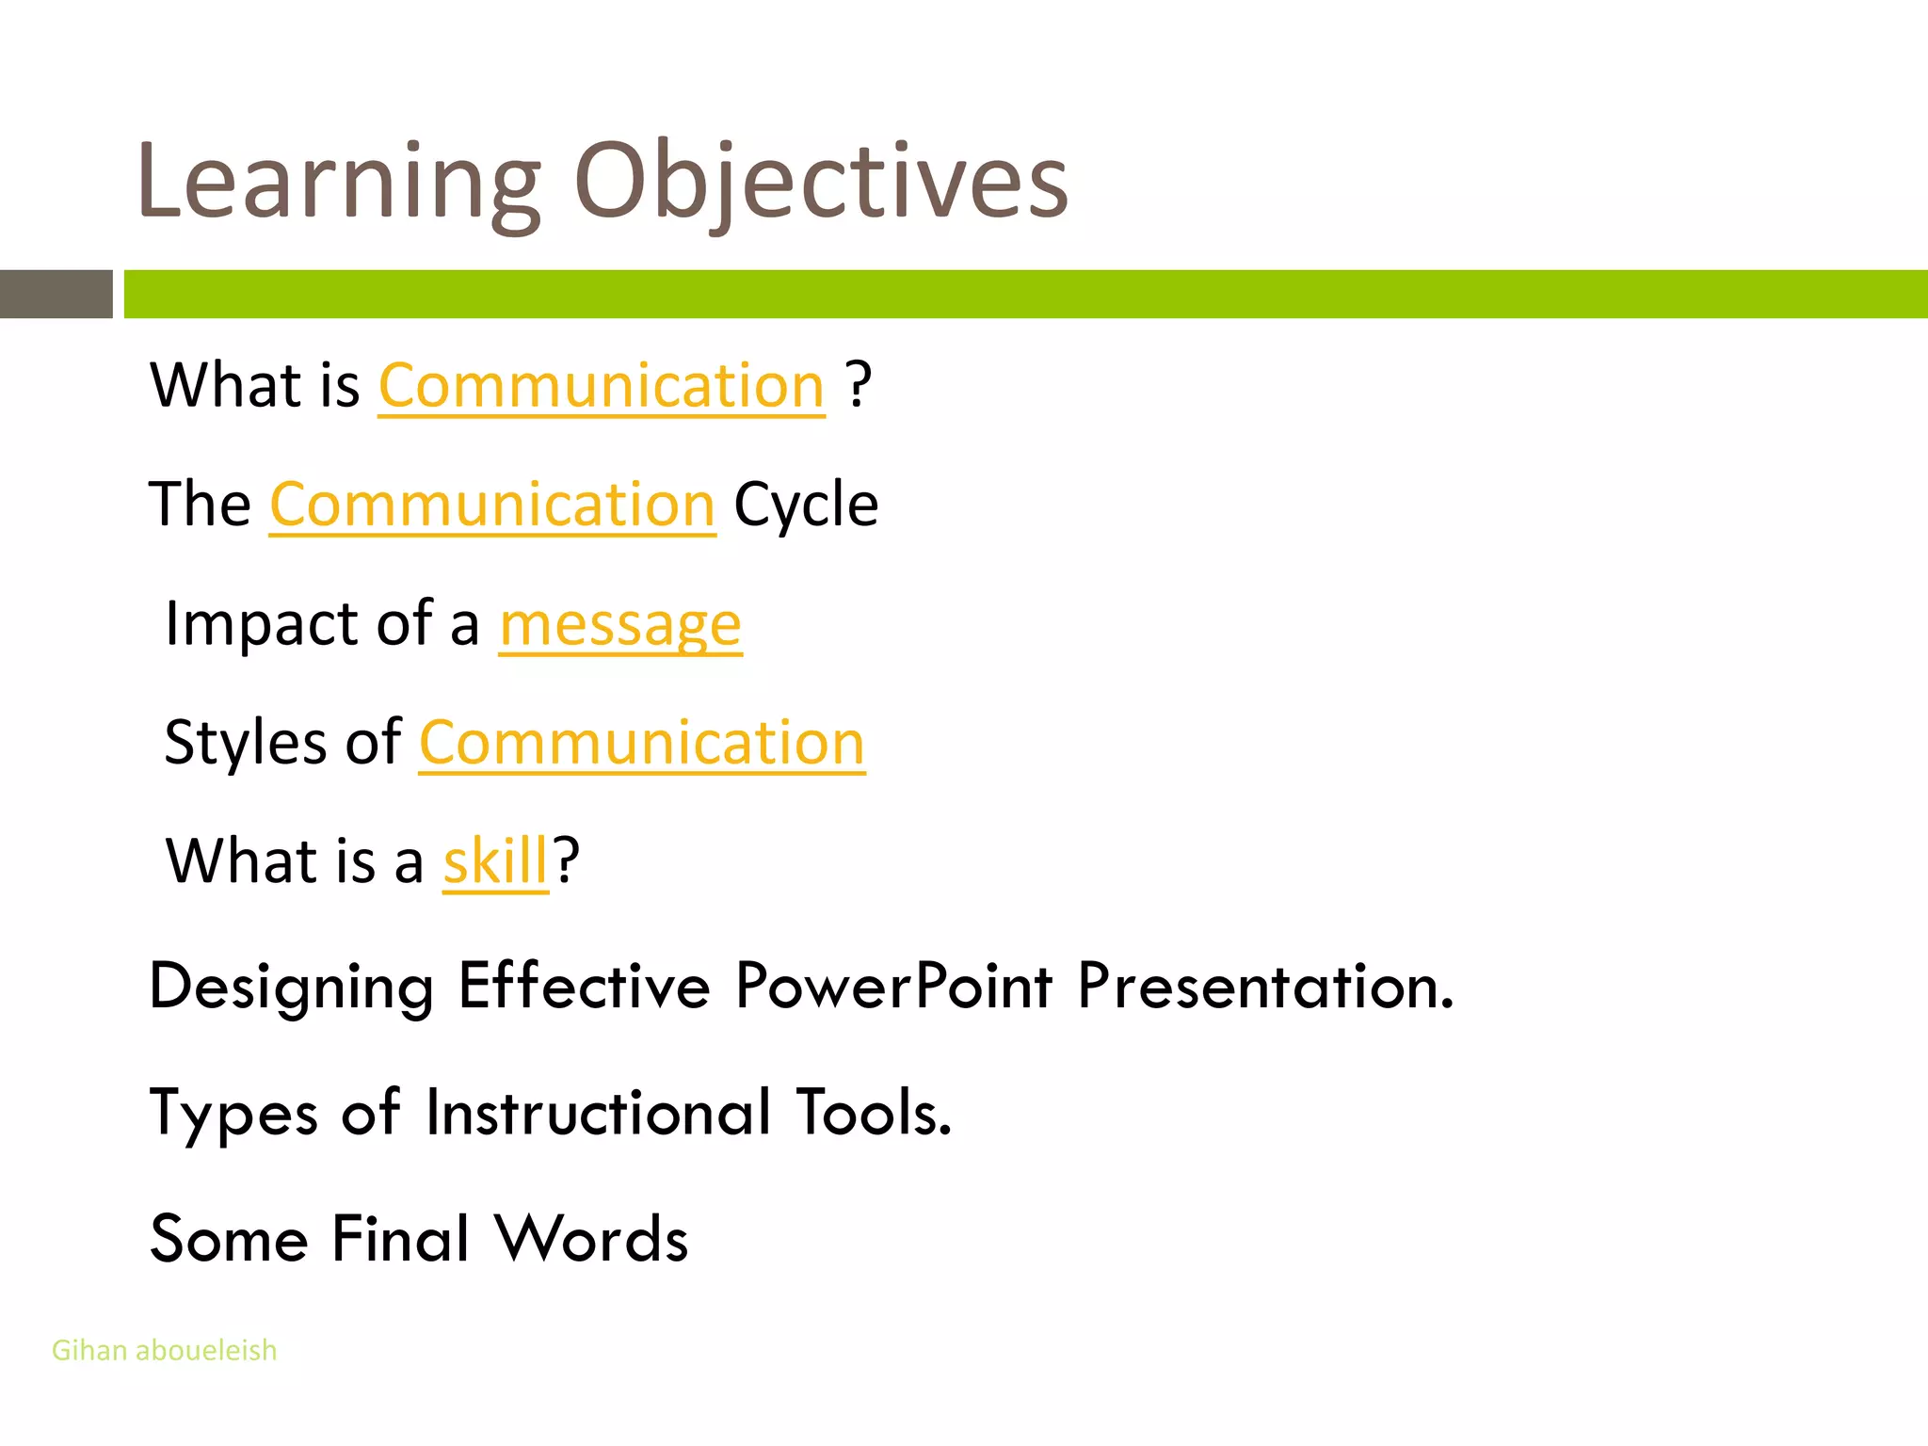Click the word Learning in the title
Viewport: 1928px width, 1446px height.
point(339,184)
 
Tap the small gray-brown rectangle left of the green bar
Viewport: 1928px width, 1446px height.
point(56,294)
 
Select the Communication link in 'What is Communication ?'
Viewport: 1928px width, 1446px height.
point(602,386)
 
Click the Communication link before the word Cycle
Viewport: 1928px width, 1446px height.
point(492,506)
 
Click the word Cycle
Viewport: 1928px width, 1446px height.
point(806,506)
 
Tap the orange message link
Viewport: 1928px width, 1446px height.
point(620,624)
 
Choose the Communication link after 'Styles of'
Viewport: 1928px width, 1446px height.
point(641,744)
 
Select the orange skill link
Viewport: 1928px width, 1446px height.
point(495,861)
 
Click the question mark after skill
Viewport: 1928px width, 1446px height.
point(566,861)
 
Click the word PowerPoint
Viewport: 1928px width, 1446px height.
point(893,987)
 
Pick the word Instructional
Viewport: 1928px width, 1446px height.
point(599,1113)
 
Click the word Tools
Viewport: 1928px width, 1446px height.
point(874,1113)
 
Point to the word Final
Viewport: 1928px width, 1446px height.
point(400,1239)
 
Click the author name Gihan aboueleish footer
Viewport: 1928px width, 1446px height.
point(164,1350)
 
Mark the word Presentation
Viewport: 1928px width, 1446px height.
point(1265,987)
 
